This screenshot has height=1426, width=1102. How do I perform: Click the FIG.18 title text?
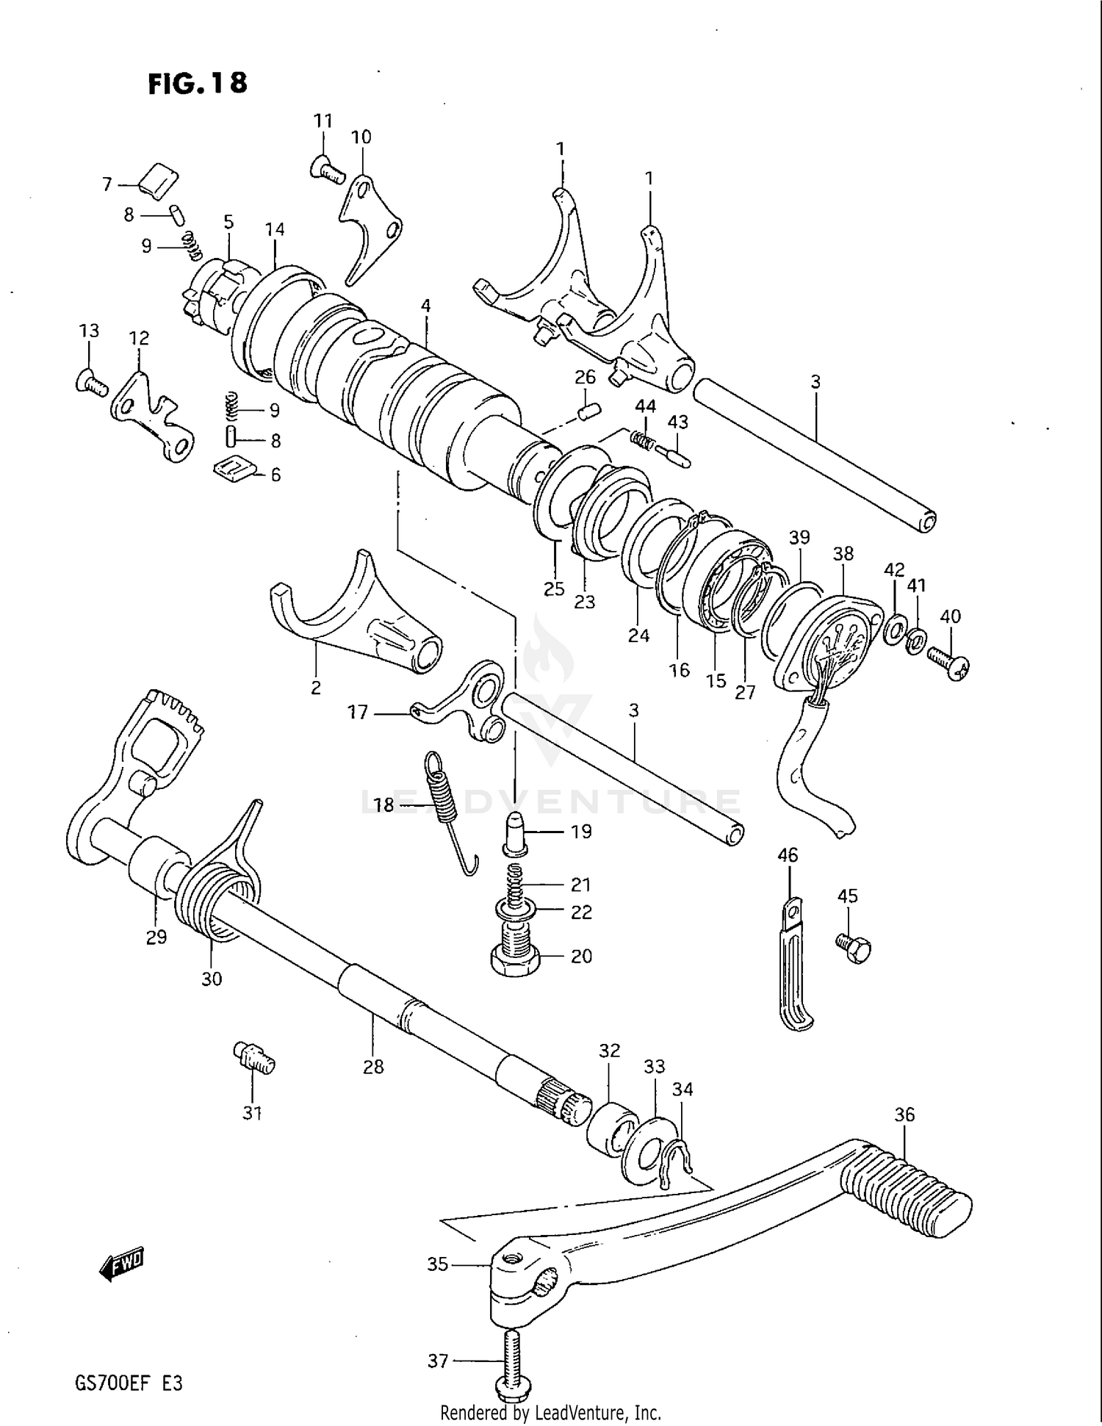[198, 83]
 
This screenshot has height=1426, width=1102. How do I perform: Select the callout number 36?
[904, 1114]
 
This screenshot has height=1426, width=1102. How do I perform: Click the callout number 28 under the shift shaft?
[373, 1067]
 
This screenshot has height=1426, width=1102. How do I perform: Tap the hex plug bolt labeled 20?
[514, 954]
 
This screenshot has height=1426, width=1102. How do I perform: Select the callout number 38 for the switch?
[843, 553]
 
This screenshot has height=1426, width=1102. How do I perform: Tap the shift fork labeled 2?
[353, 621]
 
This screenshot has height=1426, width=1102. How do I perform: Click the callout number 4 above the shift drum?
[425, 306]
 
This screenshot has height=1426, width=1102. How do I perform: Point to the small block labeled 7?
[159, 181]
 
